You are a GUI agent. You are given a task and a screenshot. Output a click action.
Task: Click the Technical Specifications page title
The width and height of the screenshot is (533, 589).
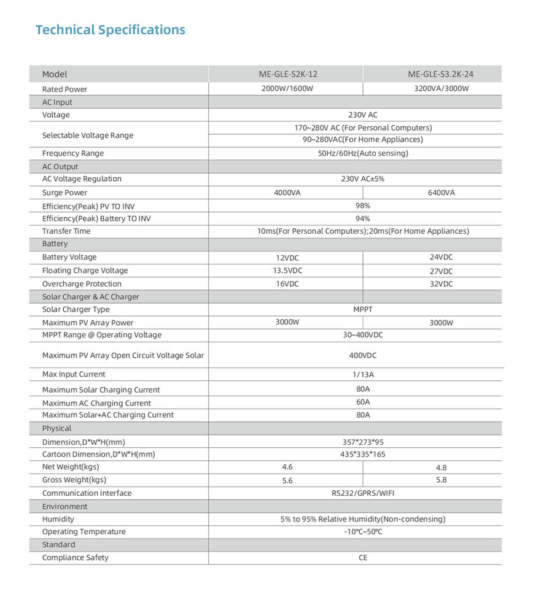click(x=110, y=29)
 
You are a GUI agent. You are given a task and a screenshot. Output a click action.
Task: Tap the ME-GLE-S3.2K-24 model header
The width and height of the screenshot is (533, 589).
click(x=440, y=74)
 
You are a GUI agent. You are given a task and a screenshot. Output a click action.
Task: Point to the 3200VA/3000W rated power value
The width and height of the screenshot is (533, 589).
click(x=441, y=88)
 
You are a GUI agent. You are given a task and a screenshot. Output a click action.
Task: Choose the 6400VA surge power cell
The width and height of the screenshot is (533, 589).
click(x=441, y=193)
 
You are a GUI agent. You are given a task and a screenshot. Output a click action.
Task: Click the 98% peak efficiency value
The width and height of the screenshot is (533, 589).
click(x=363, y=206)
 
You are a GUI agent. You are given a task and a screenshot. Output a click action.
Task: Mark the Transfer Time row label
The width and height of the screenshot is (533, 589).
click(x=66, y=231)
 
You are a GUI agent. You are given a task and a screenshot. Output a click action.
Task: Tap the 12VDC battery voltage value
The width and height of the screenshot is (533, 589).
click(x=287, y=258)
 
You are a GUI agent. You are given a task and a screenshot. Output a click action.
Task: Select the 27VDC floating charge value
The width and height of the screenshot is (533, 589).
click(x=441, y=271)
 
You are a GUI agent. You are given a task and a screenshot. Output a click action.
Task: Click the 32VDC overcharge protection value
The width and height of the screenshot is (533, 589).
click(x=441, y=284)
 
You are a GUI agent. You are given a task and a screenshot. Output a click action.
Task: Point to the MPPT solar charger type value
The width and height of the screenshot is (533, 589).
click(x=363, y=309)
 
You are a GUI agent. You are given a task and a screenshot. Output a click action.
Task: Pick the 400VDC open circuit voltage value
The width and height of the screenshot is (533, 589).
click(x=363, y=355)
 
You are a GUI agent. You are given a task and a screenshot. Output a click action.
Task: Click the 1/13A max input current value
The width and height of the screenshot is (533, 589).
click(x=363, y=374)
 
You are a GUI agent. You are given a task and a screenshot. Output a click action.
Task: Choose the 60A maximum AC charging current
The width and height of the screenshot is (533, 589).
click(x=363, y=402)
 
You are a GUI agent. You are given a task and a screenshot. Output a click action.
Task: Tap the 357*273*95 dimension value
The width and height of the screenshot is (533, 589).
click(x=363, y=442)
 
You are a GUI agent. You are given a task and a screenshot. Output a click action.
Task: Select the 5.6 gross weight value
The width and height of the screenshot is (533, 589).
click(x=287, y=481)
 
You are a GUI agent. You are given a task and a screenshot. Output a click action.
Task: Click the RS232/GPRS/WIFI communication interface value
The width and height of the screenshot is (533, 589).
click(x=363, y=493)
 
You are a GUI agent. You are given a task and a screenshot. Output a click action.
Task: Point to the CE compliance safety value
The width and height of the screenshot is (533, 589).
click(x=363, y=558)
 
